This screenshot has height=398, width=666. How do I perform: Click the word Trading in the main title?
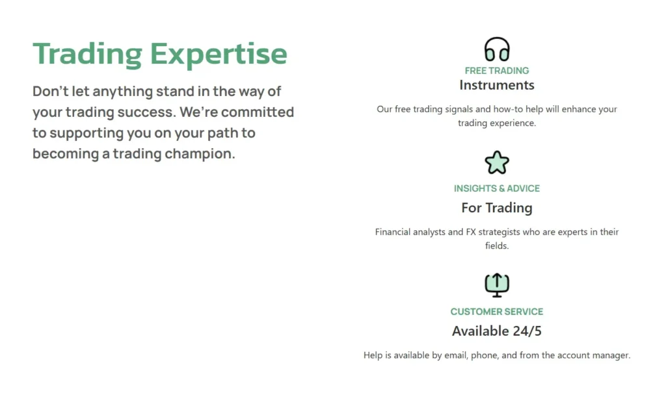pyautogui.click(x=87, y=54)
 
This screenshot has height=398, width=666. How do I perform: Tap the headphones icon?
pyautogui.click(x=497, y=49)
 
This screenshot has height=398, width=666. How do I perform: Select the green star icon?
pyautogui.click(x=497, y=162)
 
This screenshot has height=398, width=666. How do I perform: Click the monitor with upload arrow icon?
pyautogui.click(x=497, y=284)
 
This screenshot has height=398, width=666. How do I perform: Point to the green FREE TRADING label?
pyautogui.click(x=497, y=70)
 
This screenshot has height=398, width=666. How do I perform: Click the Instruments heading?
pyautogui.click(x=497, y=85)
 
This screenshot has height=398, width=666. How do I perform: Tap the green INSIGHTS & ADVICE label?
pyautogui.click(x=497, y=188)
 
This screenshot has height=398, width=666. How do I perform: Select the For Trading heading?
pyautogui.click(x=497, y=208)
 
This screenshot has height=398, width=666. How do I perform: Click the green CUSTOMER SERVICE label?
pyautogui.click(x=497, y=312)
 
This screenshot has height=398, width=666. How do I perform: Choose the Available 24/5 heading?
pyautogui.click(x=497, y=331)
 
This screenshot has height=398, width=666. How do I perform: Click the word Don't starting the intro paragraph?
pyautogui.click(x=50, y=91)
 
